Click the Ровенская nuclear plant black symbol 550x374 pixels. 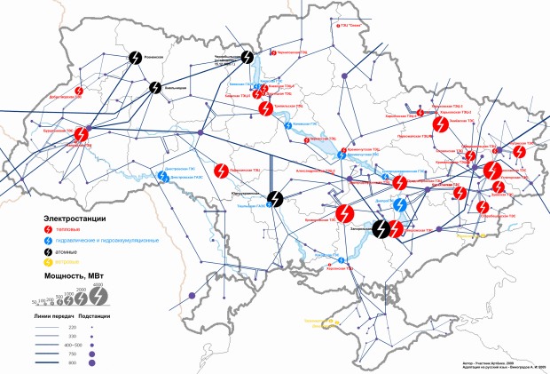point(135,56)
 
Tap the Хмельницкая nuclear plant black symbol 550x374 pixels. point(156,87)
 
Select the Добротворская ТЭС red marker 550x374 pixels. point(78,92)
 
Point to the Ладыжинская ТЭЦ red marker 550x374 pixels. point(222,168)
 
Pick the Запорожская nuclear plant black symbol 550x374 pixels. point(381,229)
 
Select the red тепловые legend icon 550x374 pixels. point(48,229)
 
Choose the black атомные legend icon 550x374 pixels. point(48,251)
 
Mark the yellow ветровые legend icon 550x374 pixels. point(48,262)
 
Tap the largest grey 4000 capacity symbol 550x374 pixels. point(101,295)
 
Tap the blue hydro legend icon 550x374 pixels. point(48,241)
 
